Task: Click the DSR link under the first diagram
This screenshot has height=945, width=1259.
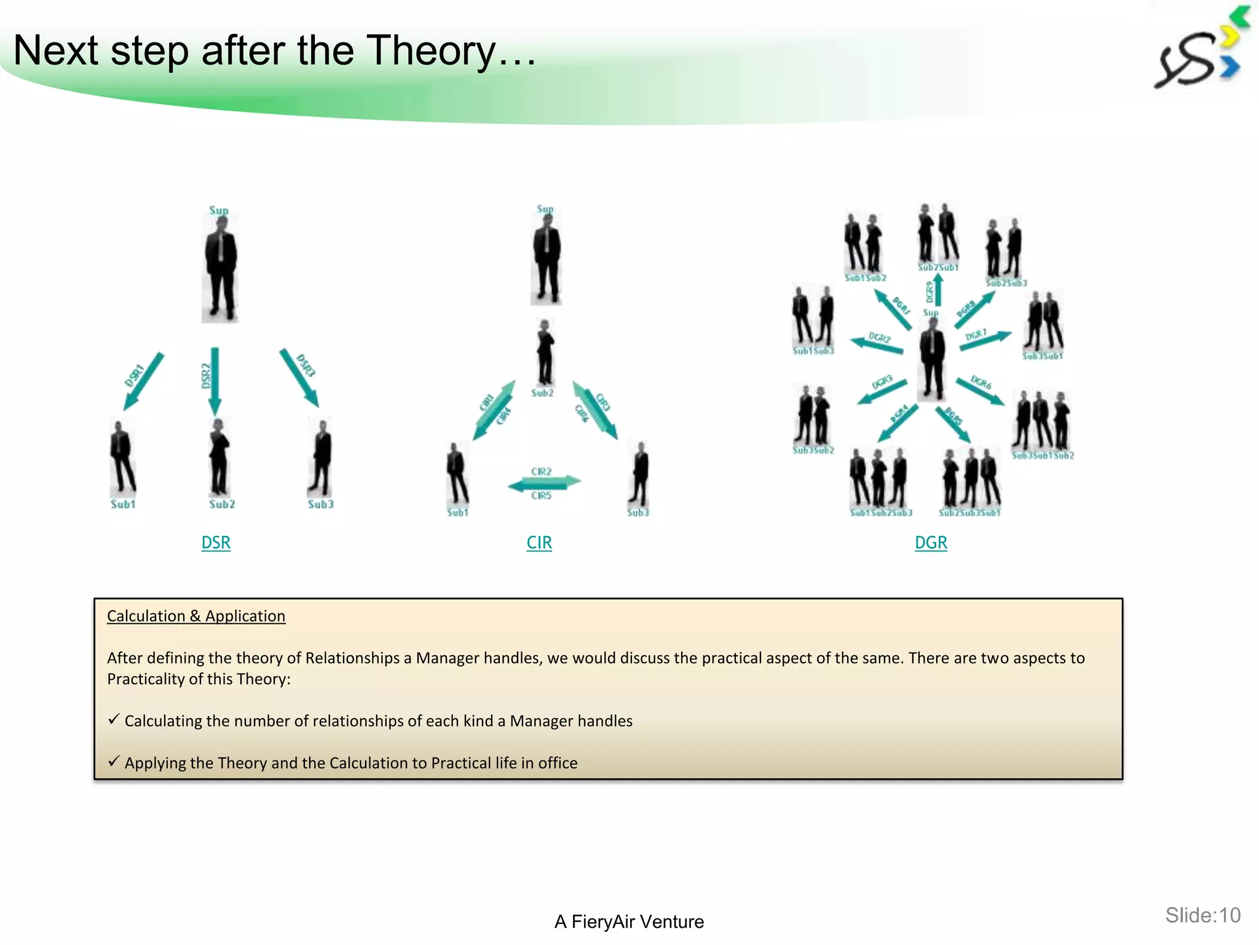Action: click(x=216, y=543)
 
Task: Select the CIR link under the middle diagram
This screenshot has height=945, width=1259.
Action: click(x=539, y=543)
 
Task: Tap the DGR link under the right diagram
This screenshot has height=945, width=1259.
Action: click(x=931, y=543)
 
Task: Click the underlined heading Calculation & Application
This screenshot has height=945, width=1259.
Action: click(x=196, y=616)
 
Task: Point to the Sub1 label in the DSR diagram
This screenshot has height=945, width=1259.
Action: click(x=123, y=504)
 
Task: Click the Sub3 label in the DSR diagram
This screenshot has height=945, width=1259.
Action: click(x=320, y=504)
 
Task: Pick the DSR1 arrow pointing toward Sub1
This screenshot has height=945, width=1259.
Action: click(x=144, y=381)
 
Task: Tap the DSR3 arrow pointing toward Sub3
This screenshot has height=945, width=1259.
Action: click(x=299, y=378)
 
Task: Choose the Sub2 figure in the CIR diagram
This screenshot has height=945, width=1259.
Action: click(x=545, y=353)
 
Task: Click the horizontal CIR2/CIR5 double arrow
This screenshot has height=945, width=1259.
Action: click(x=544, y=484)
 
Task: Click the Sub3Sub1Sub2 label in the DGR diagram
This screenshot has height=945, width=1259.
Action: click(x=1043, y=456)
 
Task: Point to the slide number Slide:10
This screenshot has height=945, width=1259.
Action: click(x=1202, y=915)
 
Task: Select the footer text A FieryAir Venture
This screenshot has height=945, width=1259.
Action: click(x=629, y=922)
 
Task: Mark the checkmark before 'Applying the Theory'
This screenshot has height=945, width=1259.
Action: click(x=114, y=761)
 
